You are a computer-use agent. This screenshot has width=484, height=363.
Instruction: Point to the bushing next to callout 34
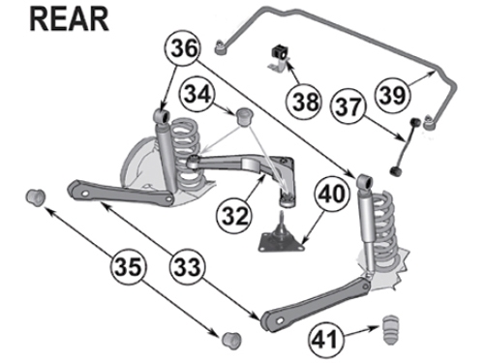coord(242,119)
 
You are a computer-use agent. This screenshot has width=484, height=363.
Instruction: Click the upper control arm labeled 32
coord(242,167)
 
